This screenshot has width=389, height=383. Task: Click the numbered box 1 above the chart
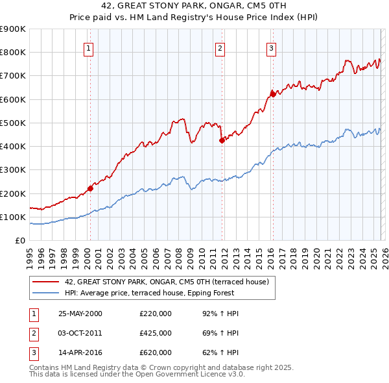click(x=88, y=47)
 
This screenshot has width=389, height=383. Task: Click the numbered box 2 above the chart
click(x=220, y=47)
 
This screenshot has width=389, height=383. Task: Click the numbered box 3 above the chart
click(x=271, y=47)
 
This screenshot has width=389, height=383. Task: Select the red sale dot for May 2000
click(x=90, y=189)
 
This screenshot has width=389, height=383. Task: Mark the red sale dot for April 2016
click(x=273, y=95)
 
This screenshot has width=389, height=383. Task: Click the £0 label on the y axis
click(x=19, y=241)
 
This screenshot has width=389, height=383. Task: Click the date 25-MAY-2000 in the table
click(x=80, y=314)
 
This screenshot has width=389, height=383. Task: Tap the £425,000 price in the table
click(x=156, y=333)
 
